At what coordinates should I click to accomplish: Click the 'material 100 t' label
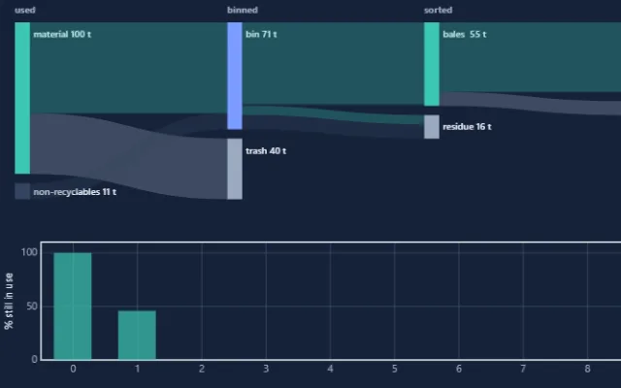[x=62, y=35]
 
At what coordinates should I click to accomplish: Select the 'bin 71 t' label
[x=261, y=35]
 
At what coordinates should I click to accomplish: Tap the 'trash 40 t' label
[x=266, y=151]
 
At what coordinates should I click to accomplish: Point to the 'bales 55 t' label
[x=465, y=35]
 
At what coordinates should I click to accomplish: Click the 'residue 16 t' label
[x=467, y=127]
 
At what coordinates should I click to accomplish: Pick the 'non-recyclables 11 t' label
[x=75, y=192]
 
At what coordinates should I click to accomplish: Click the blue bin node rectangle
[x=235, y=76]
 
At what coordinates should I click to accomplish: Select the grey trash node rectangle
[x=235, y=169]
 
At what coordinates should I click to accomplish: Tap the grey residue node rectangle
[x=432, y=127]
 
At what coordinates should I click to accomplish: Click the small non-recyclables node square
[x=22, y=191]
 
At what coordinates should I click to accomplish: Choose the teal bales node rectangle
[x=432, y=64]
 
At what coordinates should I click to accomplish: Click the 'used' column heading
[x=25, y=11]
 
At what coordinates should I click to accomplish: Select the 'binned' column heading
[x=243, y=11]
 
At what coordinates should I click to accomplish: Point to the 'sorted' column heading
[x=438, y=11]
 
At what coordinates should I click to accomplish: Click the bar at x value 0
[x=73, y=307]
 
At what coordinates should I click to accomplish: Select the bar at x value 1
[x=137, y=335]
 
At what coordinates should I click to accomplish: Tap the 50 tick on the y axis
[x=31, y=307]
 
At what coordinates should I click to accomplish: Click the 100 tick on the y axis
[x=29, y=252]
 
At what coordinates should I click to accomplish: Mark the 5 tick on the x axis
[x=395, y=369]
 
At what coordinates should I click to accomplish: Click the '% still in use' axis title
[x=9, y=301]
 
